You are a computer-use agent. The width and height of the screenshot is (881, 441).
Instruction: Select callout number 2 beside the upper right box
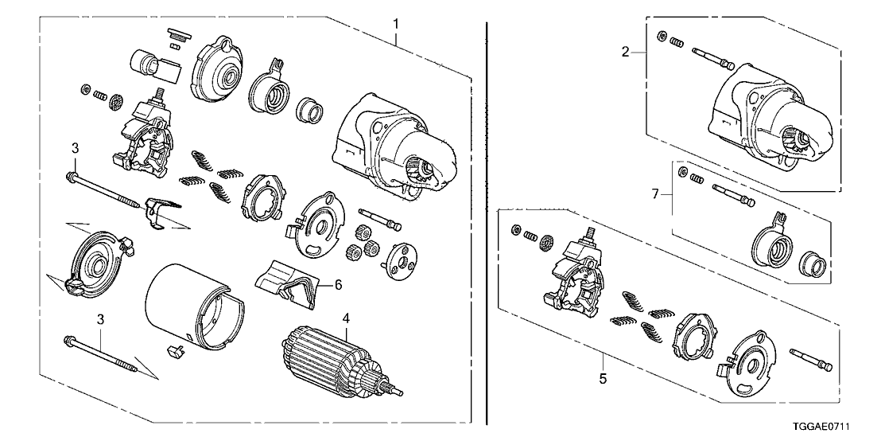(x=626, y=53)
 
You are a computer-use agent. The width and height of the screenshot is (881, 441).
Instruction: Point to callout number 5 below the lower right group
(x=603, y=379)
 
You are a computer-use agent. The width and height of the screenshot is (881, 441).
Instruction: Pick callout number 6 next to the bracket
(x=338, y=284)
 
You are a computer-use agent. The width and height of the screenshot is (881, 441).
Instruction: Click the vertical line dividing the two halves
(x=486, y=223)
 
